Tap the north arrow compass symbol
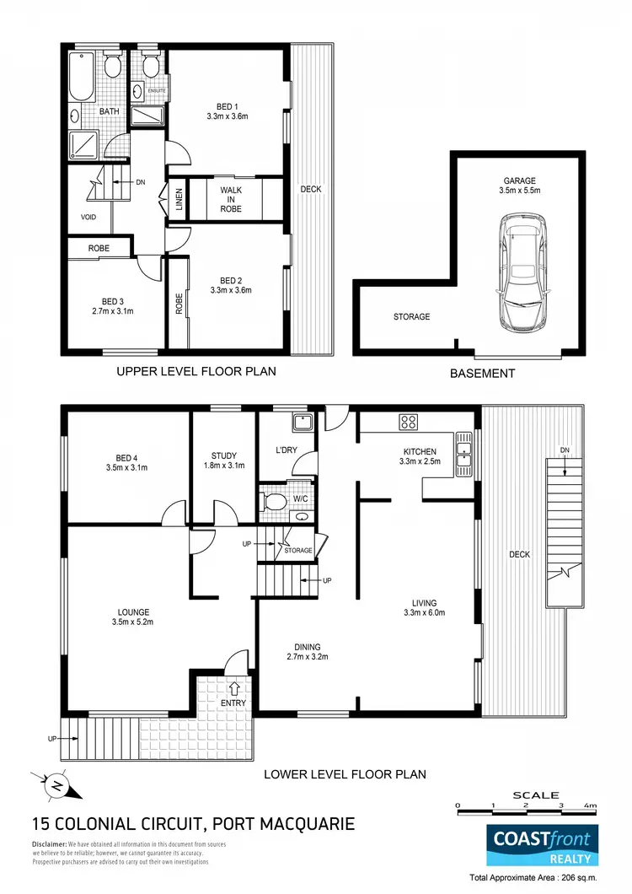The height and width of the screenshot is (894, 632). (56, 784)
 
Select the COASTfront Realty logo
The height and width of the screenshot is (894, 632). (544, 845)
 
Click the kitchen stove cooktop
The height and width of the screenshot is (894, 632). (410, 423)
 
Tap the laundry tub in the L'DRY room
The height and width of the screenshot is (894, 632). (301, 423)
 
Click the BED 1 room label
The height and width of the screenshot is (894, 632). (226, 106)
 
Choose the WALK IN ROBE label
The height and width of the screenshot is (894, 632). (231, 199)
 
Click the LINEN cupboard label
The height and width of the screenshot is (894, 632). (179, 201)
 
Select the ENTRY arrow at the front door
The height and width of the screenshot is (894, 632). (233, 688)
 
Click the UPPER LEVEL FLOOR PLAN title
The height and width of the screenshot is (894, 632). (196, 371)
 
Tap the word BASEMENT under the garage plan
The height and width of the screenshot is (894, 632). (482, 373)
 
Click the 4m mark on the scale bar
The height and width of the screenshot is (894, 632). (592, 805)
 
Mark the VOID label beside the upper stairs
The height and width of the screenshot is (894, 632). (88, 217)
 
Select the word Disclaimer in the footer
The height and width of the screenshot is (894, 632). (49, 844)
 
